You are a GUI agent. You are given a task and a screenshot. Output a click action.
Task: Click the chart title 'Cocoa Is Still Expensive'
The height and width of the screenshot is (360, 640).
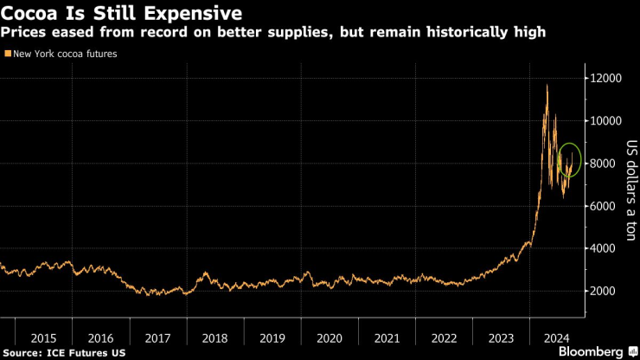pyautogui.click(x=122, y=14)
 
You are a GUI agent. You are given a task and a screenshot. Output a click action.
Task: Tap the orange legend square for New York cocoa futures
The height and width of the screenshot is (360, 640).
pyautogui.click(x=8, y=54)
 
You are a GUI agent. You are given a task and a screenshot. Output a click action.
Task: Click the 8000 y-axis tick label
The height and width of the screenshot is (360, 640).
pyautogui.click(x=605, y=164)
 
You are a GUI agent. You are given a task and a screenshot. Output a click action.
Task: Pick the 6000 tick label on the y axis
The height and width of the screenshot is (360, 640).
pyautogui.click(x=605, y=206)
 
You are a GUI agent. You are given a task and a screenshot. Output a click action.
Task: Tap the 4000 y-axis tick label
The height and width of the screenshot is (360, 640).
pyautogui.click(x=605, y=248)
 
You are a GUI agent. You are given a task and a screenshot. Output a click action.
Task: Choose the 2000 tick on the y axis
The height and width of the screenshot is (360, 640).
pyautogui.click(x=605, y=291)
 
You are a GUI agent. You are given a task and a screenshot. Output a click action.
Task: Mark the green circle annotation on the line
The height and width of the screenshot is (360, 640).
pyautogui.click(x=570, y=160)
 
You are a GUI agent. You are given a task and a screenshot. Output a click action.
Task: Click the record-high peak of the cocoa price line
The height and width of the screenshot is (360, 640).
pyautogui.click(x=546, y=85)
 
